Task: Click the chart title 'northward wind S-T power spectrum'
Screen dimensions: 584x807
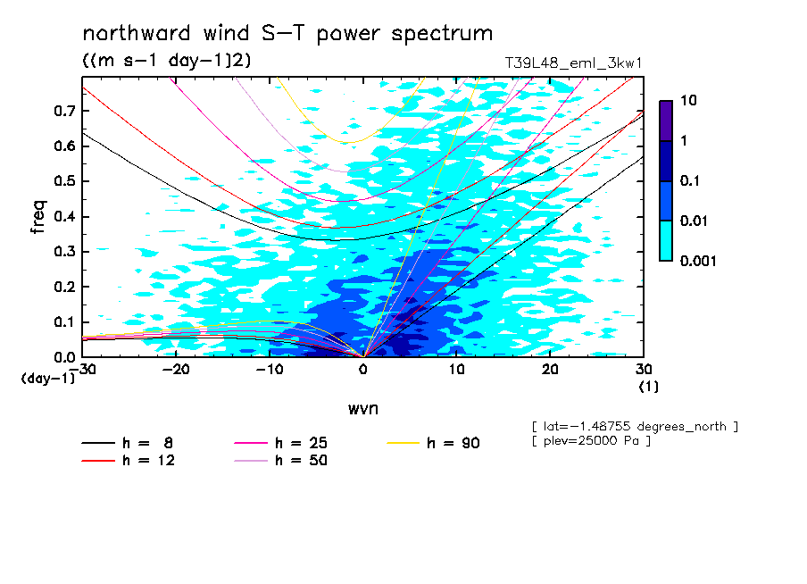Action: click(x=287, y=34)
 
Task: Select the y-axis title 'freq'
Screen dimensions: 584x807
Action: click(x=38, y=216)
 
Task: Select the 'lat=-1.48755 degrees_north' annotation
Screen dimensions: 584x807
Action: click(x=634, y=426)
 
